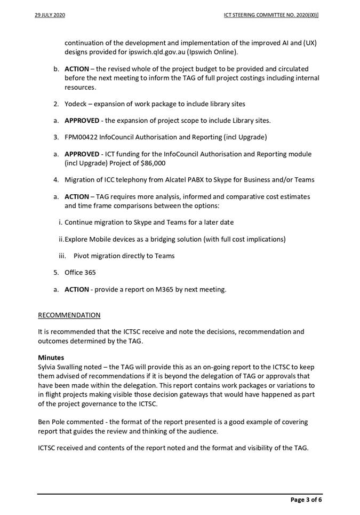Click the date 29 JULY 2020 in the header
pyautogui.click(x=50, y=15)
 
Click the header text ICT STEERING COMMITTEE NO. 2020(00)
pyautogui.click(x=271, y=15)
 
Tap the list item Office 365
pyautogui.click(x=80, y=272)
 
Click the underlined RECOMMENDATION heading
pyautogui.click(x=69, y=315)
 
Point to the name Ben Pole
pyautogui.click(x=53, y=422)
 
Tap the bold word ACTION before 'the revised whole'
pyautogui.click(x=76, y=69)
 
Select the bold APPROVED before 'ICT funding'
pyautogui.click(x=82, y=154)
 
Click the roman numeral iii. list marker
pyautogui.click(x=63, y=256)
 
